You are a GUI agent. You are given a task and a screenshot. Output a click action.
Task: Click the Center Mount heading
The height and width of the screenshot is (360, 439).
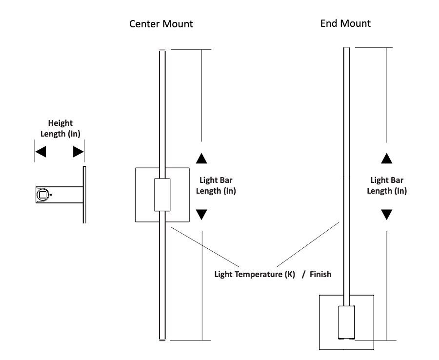[x=160, y=24]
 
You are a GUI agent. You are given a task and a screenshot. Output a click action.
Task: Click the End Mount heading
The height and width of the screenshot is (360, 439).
[x=345, y=23]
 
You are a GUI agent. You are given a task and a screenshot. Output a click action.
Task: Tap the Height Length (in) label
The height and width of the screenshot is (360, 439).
[x=60, y=129]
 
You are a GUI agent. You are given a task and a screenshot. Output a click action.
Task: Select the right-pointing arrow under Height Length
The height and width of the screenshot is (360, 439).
[x=78, y=152]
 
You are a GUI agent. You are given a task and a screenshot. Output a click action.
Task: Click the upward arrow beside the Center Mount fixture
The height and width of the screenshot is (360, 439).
[x=201, y=158]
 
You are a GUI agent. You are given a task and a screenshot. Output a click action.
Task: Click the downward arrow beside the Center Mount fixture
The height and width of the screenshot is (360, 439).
[x=201, y=215]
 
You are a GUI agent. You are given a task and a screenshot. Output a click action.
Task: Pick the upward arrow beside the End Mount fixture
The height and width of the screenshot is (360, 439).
[x=386, y=158]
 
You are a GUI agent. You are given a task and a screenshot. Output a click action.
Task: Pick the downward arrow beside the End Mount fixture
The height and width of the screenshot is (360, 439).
[x=386, y=215]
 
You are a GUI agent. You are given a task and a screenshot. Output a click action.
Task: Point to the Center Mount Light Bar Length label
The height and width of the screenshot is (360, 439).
[x=216, y=186]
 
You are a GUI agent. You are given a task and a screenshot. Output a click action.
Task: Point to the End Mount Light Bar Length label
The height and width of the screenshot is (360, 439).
[x=387, y=186]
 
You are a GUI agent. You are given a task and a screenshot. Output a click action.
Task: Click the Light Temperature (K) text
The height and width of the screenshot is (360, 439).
[x=255, y=274]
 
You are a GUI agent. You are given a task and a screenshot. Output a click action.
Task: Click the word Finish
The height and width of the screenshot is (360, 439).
[x=321, y=274]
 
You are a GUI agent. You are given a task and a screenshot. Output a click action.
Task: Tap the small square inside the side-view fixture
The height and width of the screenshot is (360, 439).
[x=42, y=195]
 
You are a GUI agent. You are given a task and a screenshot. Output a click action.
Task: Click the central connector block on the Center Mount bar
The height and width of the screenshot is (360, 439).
[x=162, y=195]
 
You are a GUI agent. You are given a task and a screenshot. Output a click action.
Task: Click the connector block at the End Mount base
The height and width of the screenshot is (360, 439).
[x=346, y=322]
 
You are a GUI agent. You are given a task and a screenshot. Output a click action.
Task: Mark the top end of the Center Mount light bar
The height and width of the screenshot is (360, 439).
[x=162, y=50]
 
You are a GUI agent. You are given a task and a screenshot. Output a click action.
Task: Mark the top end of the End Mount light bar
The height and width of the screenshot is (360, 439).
[x=347, y=48]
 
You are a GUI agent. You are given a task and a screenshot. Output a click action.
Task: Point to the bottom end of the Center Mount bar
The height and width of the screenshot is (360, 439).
[x=162, y=339]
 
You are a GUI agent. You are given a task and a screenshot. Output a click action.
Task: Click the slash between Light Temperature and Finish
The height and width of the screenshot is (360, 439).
[x=303, y=274]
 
